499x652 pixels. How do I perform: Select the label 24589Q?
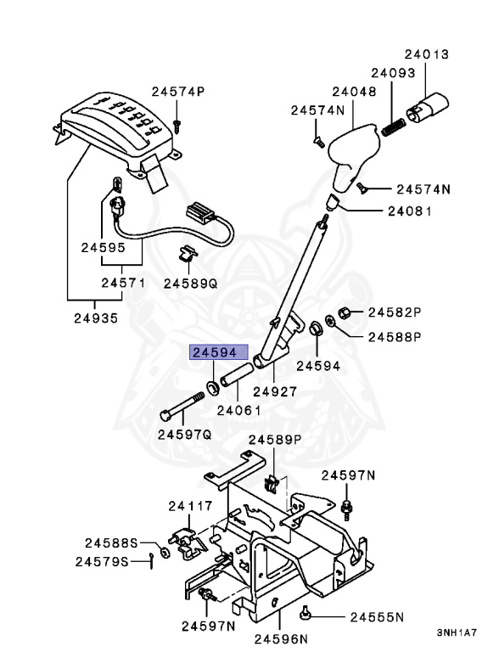tap(190, 282)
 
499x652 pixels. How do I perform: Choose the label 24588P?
tap(395, 336)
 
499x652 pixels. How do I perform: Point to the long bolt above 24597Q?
tap(180, 406)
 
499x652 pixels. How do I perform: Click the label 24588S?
tap(111, 542)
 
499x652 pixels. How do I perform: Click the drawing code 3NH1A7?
tap(457, 632)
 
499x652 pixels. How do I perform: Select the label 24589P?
tap(275, 439)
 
